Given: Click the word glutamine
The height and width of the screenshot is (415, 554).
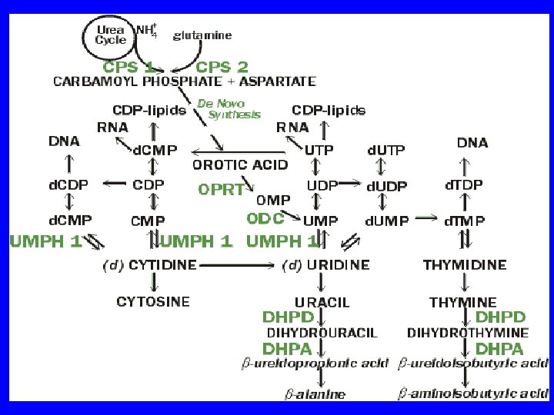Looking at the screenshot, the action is pos(202,35).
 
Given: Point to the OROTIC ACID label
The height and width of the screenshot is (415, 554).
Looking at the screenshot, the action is pos(240,164).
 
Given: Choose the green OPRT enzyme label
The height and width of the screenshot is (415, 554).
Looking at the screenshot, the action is pos(221,189).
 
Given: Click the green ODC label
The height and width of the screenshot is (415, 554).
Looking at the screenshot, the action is pos(265,218).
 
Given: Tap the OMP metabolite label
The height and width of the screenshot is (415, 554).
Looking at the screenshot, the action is pos(273,200).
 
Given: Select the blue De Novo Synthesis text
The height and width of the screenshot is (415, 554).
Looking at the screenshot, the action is pos(229,108).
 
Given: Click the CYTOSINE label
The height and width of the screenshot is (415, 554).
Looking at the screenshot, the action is pos(153,302).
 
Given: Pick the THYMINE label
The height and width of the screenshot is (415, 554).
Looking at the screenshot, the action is pos(462,302).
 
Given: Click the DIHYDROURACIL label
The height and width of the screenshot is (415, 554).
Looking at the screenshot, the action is pos(322,333).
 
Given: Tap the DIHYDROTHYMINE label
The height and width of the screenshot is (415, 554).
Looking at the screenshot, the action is pos(467,333).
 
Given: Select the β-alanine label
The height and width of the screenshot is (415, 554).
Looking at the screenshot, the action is pos(315,394).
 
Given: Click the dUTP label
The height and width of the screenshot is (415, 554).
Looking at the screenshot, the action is pos(385,149).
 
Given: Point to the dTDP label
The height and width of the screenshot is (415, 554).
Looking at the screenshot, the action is pos(464,185).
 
